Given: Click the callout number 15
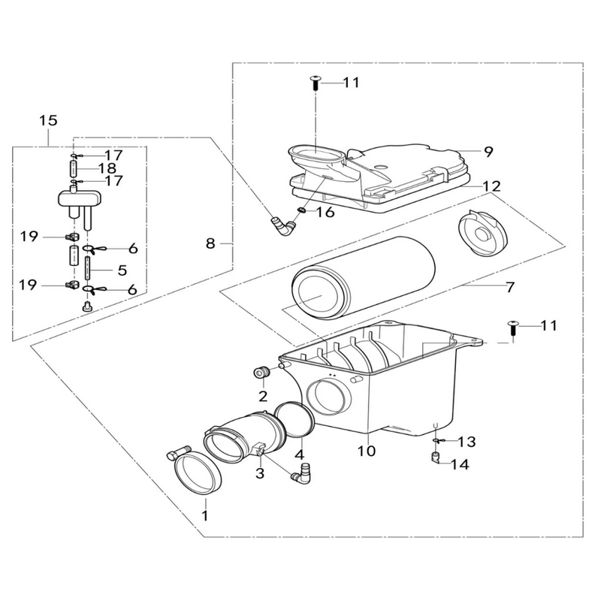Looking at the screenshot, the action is (x=49, y=121).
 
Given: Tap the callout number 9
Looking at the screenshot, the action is (x=488, y=152).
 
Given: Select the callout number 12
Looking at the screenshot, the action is (x=492, y=186).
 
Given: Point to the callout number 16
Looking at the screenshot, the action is (x=325, y=212).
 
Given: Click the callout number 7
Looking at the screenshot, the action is (x=510, y=287).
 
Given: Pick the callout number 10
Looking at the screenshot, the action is (x=367, y=451).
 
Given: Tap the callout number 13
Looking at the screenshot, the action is (x=467, y=442).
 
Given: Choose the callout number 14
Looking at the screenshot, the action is (x=460, y=465).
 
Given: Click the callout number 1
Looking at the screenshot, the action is (x=205, y=515).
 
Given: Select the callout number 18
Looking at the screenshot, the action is (x=107, y=168).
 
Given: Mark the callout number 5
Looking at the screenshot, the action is (x=122, y=270).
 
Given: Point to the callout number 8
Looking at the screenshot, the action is (x=210, y=243).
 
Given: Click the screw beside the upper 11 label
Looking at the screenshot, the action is (x=315, y=83).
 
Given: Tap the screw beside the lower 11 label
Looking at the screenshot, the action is (x=512, y=328).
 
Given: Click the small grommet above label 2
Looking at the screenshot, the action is (x=261, y=372).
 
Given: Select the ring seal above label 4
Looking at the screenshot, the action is (x=294, y=419).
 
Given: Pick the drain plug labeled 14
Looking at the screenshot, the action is (x=435, y=457).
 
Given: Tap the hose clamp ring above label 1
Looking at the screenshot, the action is (x=198, y=474).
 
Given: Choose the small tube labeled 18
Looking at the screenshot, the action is (x=74, y=168).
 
